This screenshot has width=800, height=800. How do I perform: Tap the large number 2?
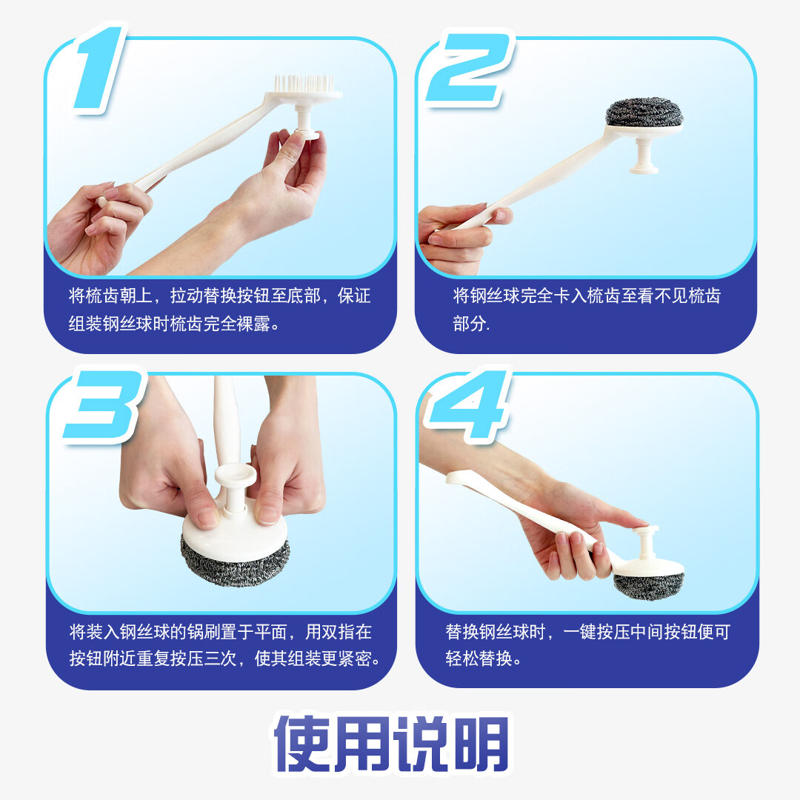tap(468, 69)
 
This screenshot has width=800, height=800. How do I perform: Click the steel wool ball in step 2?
tap(644, 113)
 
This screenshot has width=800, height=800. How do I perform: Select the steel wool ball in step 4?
tap(648, 586)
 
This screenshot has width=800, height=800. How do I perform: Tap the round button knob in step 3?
tap(236, 475)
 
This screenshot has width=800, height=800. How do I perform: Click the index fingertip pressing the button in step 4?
tap(638, 522)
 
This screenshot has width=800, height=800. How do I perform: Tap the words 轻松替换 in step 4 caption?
tap(479, 659)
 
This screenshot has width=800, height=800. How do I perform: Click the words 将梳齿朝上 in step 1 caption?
tap(110, 296)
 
